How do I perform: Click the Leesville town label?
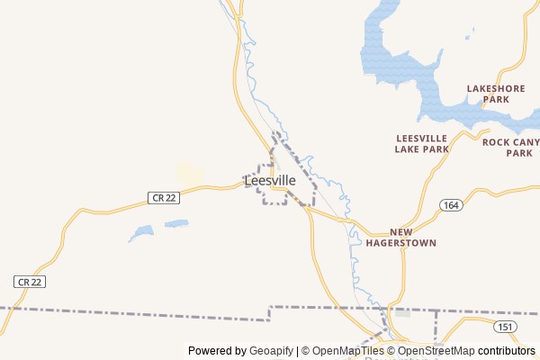click(x=270, y=181)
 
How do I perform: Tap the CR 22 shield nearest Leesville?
click(x=164, y=197)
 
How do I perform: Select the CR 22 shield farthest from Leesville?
click(x=30, y=282)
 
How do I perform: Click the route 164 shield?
click(x=451, y=205)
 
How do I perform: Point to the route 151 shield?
click(x=506, y=326)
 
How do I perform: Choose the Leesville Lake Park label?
click(x=421, y=143)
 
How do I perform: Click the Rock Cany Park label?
click(x=512, y=148)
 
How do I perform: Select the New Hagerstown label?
click(x=413, y=238)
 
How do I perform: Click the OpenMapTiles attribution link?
click(x=346, y=351)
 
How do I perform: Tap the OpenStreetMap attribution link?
click(x=436, y=351)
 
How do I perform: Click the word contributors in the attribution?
click(x=507, y=351)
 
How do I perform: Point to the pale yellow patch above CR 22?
click(x=189, y=173)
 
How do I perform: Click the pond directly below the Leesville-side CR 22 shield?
click(x=175, y=222)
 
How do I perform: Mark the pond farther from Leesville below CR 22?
click(x=141, y=233)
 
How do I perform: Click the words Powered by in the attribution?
click(x=217, y=351)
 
